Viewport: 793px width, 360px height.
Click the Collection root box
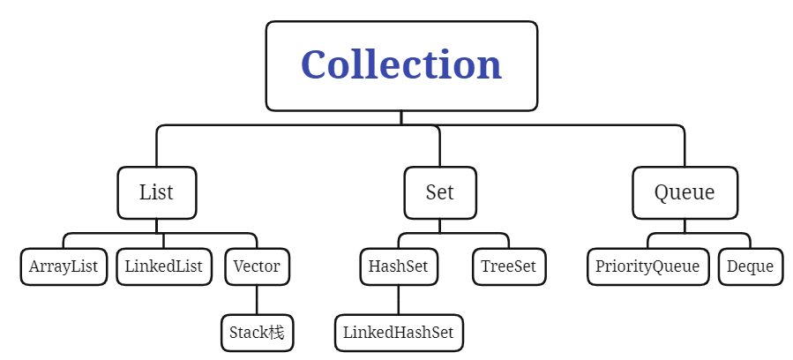pos(401,66)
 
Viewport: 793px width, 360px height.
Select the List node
pos(156,192)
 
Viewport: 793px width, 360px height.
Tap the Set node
pos(439,192)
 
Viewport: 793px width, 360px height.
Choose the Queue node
pos(684,192)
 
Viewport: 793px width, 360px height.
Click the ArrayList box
pos(64,266)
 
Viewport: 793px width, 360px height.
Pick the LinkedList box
pos(163,266)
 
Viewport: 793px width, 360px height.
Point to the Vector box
pos(257,266)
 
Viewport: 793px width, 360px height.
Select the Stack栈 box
pos(257,334)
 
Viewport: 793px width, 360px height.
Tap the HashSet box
pos(398,266)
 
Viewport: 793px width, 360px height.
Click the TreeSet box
pos(508,266)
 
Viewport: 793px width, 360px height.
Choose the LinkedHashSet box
pos(398,334)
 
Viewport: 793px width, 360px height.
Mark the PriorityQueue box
pos(647,266)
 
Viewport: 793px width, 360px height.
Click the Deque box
pos(750,266)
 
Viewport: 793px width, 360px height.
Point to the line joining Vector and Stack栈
pos(257,300)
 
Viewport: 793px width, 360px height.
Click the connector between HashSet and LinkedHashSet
pos(398,300)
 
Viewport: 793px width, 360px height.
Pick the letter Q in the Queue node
pos(662,192)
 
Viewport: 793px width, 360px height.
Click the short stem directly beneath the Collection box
pos(401,118)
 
